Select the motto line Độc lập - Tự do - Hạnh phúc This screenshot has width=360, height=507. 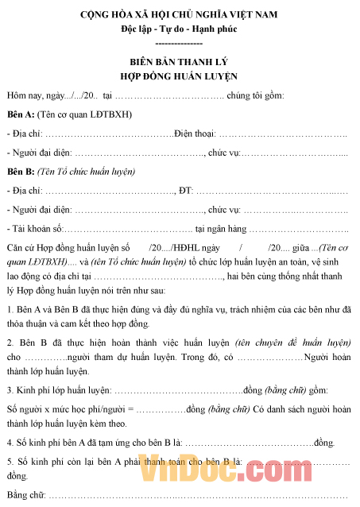(179, 29)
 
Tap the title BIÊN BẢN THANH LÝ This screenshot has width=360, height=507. (179, 61)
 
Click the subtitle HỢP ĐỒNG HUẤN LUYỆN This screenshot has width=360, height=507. (179, 75)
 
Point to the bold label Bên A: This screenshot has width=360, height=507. (20, 114)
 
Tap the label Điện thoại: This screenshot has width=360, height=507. (194, 133)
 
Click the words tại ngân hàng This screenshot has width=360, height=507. (230, 229)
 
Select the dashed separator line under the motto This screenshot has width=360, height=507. (179, 42)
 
